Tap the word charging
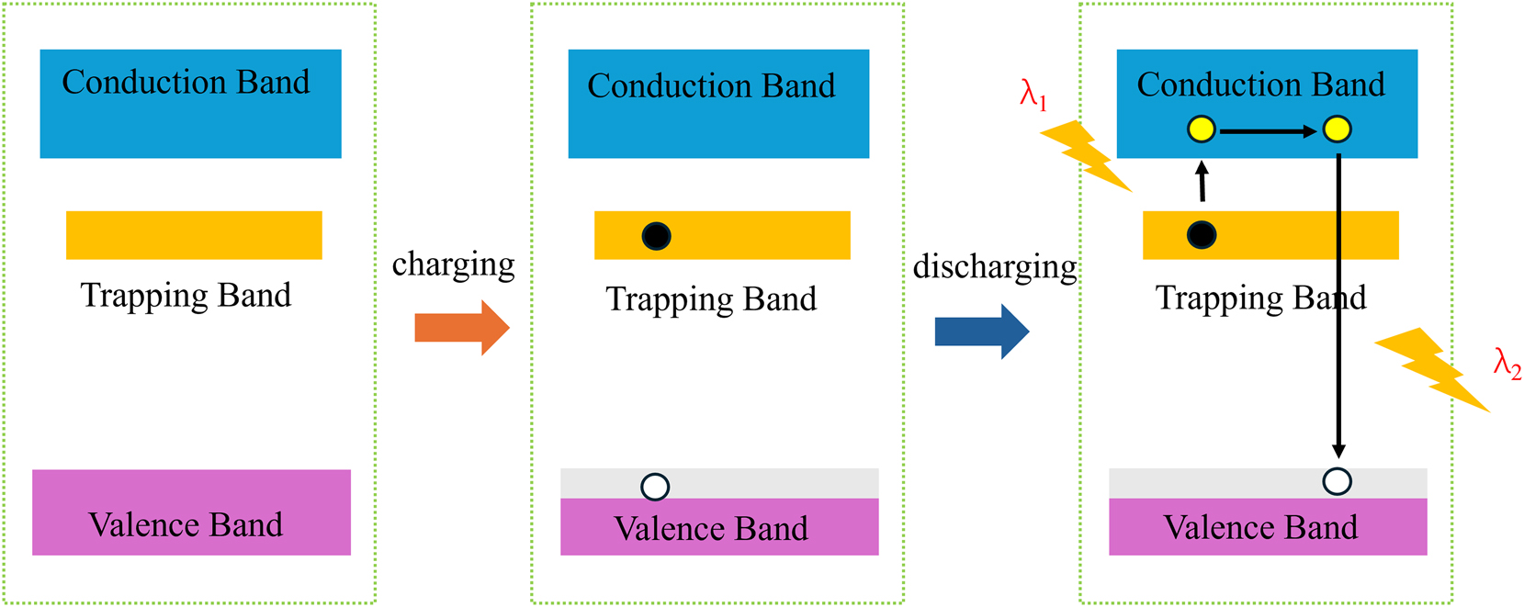tap(453, 264)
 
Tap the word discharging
tap(994, 267)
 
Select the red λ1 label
tap(1033, 95)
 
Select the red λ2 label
tap(1507, 364)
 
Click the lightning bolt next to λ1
tap(1086, 155)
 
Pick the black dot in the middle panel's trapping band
tap(656, 236)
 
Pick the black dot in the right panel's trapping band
tap(1202, 235)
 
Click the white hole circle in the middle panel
tap(655, 486)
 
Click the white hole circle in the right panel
tap(1337, 481)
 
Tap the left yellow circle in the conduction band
tap(1202, 129)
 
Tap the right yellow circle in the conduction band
tap(1337, 129)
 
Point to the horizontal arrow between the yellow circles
tap(1269, 131)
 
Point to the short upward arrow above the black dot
tap(1202, 181)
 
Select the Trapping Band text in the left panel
tap(186, 296)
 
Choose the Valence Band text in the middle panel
tap(711, 529)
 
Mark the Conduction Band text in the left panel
tap(186, 83)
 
